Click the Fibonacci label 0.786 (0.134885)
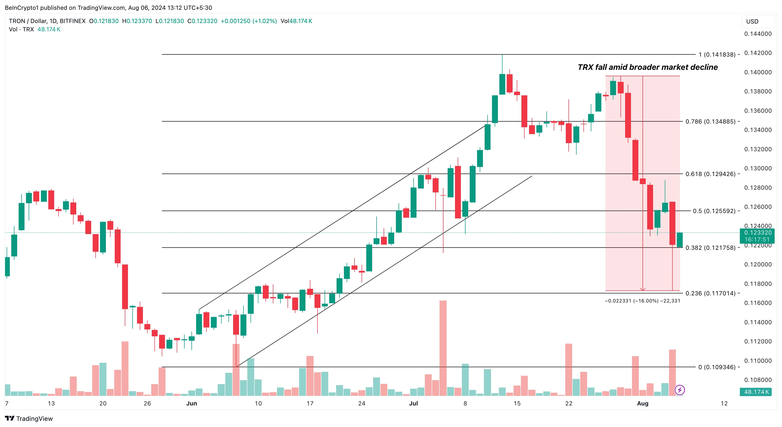tap(710, 122)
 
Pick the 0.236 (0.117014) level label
tap(710, 293)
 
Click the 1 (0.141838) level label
tap(717, 55)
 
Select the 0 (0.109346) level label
tap(717, 367)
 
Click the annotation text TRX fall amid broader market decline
tap(647, 67)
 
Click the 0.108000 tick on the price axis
tap(758, 380)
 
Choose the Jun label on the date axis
tap(191, 403)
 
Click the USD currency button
tap(752, 22)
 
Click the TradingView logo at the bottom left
tap(29, 418)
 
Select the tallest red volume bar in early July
tap(443, 348)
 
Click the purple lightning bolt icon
tap(679, 390)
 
